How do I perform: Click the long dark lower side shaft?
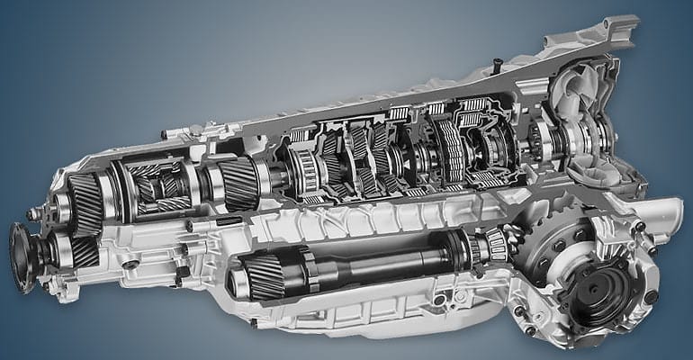coord(378,261)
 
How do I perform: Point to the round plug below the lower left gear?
coord(131,265)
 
